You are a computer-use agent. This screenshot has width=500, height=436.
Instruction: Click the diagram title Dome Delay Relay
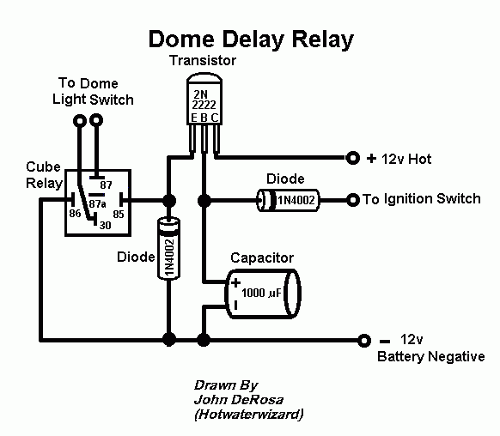(x=251, y=39)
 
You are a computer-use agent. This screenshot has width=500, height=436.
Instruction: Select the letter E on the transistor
(x=194, y=118)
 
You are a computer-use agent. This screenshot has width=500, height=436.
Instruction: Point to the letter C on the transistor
(x=215, y=118)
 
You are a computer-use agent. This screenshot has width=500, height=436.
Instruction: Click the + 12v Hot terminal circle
(x=353, y=158)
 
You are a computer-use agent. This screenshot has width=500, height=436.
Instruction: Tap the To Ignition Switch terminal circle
(x=353, y=200)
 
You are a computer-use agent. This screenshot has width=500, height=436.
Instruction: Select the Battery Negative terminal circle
(x=364, y=341)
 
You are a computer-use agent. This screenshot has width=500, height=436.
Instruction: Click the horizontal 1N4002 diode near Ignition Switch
(x=289, y=200)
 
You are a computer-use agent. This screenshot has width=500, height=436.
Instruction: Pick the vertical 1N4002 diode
(x=169, y=248)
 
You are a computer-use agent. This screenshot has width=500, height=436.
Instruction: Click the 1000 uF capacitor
(x=263, y=294)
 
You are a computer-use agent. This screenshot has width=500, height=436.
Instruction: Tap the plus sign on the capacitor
(x=235, y=283)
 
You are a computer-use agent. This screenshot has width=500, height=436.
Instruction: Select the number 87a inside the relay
(x=97, y=203)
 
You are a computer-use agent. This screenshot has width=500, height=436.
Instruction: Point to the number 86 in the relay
(x=75, y=213)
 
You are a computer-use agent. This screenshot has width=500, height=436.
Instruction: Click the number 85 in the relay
(x=119, y=214)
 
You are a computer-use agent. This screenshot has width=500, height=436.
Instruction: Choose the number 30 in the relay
(x=105, y=225)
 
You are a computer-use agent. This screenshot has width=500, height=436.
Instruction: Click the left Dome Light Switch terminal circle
(x=80, y=121)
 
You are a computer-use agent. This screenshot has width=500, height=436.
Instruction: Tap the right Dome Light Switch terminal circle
(x=96, y=120)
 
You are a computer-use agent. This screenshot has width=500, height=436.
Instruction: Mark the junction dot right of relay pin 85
(x=169, y=201)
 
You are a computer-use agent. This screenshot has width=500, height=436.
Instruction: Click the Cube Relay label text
(x=44, y=175)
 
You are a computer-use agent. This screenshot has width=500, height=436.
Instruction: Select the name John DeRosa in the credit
(x=239, y=400)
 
